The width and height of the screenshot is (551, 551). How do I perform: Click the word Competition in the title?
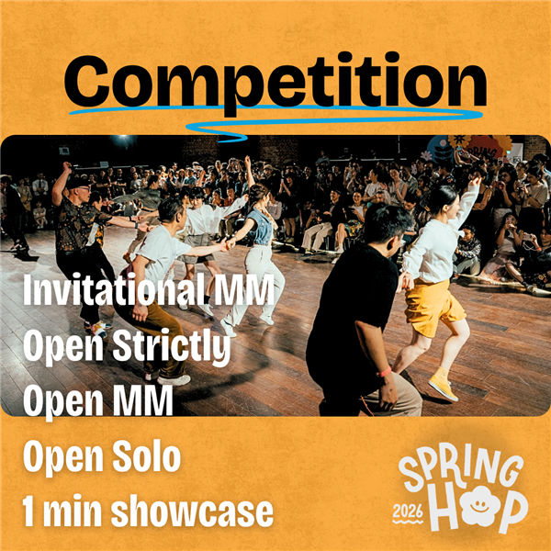(x=275, y=84)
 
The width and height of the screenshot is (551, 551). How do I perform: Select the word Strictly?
(x=172, y=346)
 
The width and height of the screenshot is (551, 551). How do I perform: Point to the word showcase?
(x=192, y=512)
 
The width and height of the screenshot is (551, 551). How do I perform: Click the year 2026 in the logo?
(x=408, y=512)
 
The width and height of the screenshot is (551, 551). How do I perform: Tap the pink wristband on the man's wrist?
(x=385, y=372)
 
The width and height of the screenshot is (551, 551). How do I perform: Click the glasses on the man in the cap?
(x=84, y=189)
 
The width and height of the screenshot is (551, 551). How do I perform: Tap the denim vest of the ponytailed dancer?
(x=261, y=226)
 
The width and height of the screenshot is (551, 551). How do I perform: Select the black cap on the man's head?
(x=78, y=183)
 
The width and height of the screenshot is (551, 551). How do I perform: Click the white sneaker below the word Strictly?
(x=174, y=380)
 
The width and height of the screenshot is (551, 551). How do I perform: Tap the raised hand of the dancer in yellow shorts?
(x=475, y=181)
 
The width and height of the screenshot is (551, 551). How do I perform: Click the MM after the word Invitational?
(x=244, y=290)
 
